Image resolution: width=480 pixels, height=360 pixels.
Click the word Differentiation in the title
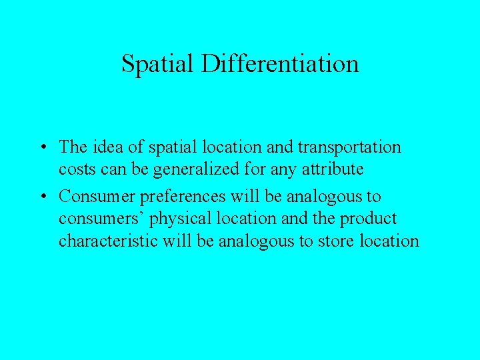281,64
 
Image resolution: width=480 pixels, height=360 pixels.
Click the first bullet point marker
42,147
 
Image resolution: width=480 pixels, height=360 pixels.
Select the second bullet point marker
42,197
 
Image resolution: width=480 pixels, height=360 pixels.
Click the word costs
76,170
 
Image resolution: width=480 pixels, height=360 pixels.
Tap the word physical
167,219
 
